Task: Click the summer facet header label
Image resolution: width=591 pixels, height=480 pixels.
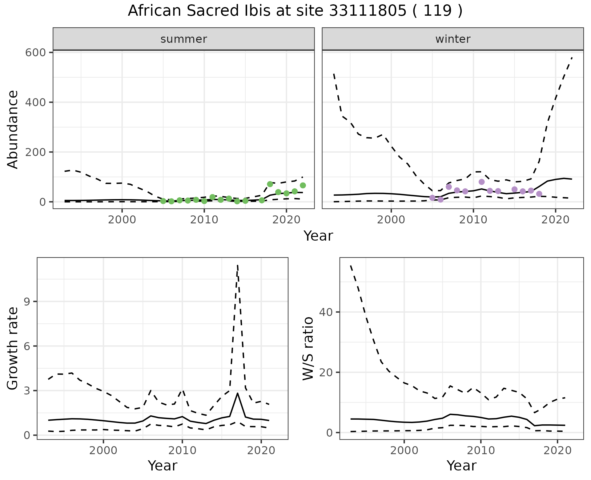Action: (184, 39)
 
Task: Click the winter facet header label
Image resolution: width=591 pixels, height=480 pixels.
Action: (453, 39)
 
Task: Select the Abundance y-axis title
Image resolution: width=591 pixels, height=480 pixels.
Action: (13, 129)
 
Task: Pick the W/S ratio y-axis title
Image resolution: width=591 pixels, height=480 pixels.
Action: (308, 348)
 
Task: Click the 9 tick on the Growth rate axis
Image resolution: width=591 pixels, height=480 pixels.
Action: (27, 302)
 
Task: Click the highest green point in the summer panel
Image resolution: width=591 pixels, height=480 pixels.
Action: (270, 184)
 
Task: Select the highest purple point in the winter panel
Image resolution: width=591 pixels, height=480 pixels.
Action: (482, 182)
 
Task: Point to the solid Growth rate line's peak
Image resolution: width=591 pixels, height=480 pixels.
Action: (238, 393)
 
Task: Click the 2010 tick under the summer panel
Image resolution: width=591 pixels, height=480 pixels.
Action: (204, 220)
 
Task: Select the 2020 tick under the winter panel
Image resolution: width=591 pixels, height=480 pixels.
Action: (555, 220)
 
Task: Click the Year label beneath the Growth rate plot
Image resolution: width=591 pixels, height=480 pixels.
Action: (163, 466)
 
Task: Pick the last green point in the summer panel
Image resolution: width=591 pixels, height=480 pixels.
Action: (303, 185)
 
